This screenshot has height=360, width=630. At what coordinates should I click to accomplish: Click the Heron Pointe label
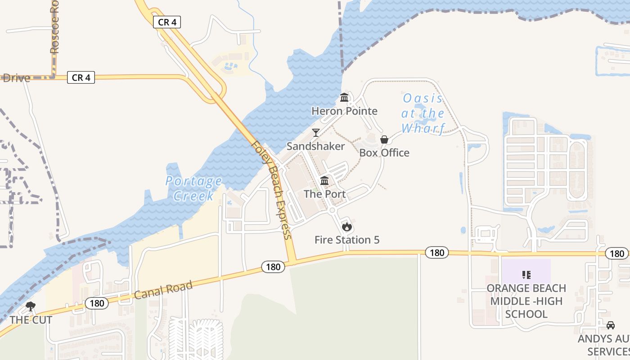tap(344, 111)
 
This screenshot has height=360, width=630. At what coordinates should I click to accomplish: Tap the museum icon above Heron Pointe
tap(344, 98)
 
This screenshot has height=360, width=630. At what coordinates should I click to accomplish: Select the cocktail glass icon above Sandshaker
tap(316, 133)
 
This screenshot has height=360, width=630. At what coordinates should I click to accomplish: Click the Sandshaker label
tap(316, 146)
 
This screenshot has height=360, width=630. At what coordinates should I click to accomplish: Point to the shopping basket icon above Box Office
tap(384, 139)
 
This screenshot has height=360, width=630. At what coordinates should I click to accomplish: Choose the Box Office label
tap(384, 153)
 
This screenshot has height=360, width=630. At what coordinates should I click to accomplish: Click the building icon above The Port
tap(324, 181)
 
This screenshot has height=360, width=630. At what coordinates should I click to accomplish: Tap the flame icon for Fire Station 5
tap(346, 227)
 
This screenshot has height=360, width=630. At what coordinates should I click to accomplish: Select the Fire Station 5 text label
tap(346, 240)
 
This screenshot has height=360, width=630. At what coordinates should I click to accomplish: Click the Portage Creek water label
tap(193, 189)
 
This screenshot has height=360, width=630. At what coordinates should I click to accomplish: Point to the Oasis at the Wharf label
tap(423, 113)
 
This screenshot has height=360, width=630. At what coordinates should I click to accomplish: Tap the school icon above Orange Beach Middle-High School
tap(526, 274)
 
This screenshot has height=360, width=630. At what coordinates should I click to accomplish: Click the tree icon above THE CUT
tap(31, 307)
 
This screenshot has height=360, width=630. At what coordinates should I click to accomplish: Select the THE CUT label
tap(31, 320)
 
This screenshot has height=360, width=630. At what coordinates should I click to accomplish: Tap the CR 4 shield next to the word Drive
tap(81, 77)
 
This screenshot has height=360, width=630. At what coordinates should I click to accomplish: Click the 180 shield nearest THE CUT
tap(97, 303)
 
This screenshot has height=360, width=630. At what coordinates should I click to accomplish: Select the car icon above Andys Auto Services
tap(611, 325)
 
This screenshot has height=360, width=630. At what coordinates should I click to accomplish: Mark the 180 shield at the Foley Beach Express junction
tap(273, 267)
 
